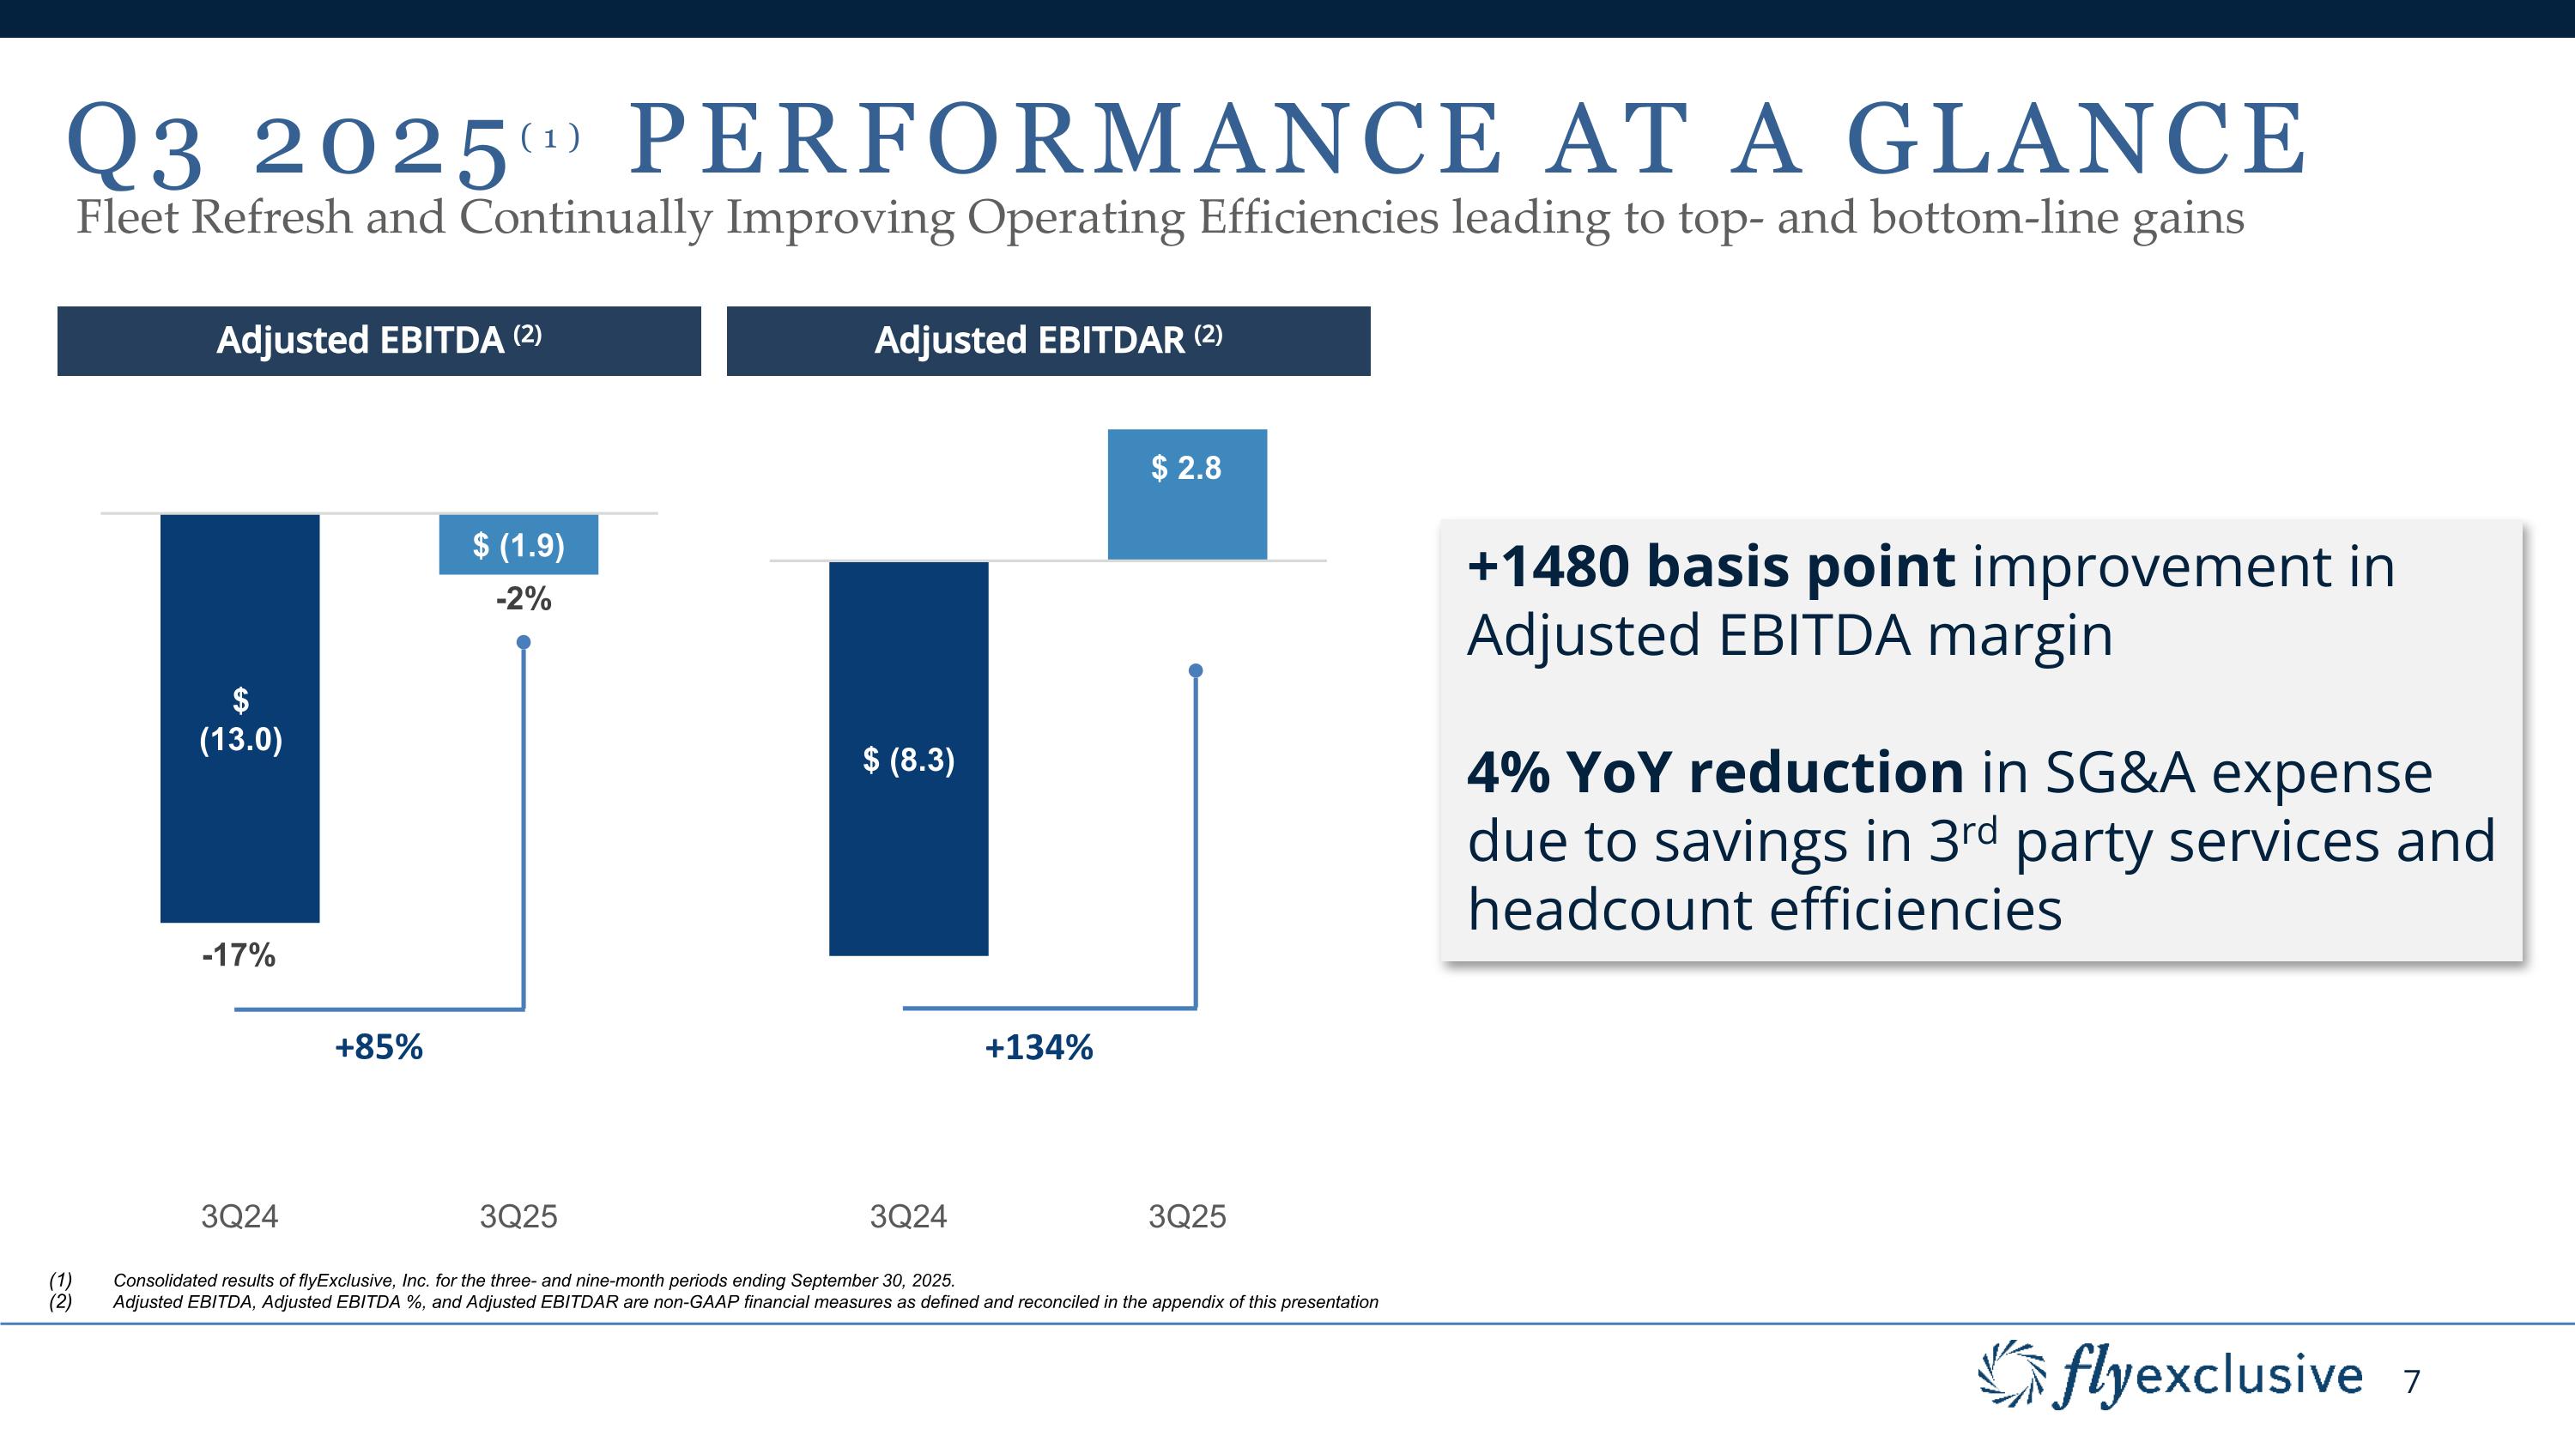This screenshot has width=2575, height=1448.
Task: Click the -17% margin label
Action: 238,955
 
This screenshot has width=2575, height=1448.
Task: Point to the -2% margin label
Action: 524,598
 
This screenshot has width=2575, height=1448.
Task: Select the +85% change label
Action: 379,1047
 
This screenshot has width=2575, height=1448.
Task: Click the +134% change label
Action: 1039,1047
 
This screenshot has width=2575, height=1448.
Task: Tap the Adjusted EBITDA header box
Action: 379,341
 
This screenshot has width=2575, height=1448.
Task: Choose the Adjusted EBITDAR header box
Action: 1047,341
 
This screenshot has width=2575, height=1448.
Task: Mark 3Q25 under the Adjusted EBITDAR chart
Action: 1186,1216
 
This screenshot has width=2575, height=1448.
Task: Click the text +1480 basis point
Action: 1709,566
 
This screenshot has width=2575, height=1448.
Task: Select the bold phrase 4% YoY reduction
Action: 1714,772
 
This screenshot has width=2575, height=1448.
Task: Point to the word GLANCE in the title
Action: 2075,139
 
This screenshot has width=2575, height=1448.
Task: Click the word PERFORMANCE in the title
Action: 1064,139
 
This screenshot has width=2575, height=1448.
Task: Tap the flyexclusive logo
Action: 2169,1376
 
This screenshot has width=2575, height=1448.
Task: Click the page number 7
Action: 2412,1382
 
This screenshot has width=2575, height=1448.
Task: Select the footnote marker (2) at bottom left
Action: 61,1302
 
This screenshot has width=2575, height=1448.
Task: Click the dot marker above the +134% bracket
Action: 1196,670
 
